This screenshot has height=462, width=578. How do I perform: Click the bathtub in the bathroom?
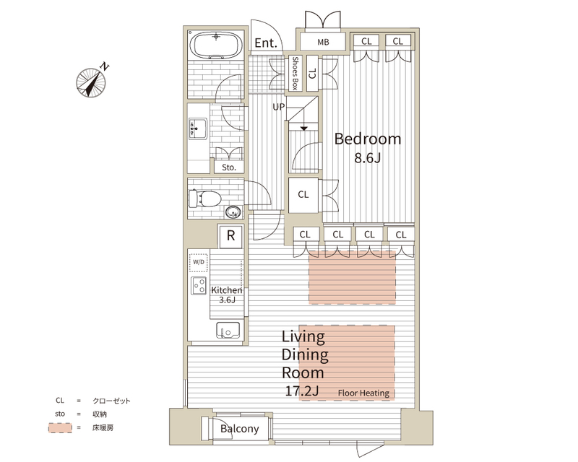coord(216,45)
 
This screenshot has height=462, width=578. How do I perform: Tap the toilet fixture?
coord(204,199)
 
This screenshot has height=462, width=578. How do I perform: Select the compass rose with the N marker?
coord(91,82)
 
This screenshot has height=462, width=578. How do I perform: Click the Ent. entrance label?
coord(266,43)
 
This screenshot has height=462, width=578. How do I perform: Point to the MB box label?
coord(323,43)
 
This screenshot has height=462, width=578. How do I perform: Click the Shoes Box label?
coord(295,73)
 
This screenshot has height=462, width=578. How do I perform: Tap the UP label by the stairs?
coord(279,107)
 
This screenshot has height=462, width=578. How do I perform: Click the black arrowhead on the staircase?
coord(303,128)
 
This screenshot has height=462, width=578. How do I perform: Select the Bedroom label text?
coord(368,139)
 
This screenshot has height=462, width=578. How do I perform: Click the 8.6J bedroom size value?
coord(368,158)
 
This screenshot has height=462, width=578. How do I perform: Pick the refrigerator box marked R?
coord(230,236)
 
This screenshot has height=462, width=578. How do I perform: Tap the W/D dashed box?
coord(198,262)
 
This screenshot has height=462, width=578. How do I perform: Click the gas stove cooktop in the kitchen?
coord(199,286)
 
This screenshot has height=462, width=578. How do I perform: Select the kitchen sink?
coord(228,330)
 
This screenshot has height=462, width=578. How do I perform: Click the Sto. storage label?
coord(229,167)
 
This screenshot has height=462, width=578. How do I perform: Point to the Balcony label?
coord(240,429)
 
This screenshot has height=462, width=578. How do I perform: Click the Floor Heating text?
coord(363,393)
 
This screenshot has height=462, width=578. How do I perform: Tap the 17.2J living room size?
coord(302,391)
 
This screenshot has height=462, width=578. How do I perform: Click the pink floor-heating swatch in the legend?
coord(60,428)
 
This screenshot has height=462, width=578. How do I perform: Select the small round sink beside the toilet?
coord(233,212)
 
